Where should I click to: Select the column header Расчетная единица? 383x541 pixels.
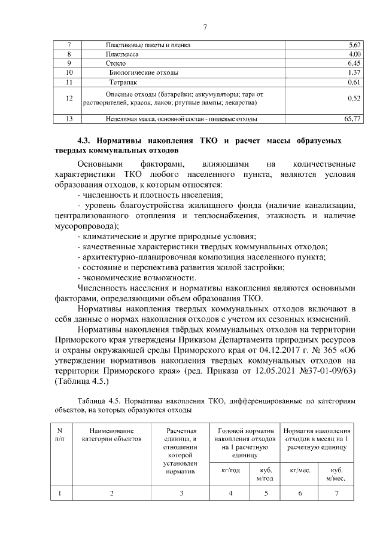click(x=181, y=438)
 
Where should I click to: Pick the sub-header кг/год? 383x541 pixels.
click(x=230, y=470)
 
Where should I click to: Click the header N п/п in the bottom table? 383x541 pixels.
click(x=60, y=434)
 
